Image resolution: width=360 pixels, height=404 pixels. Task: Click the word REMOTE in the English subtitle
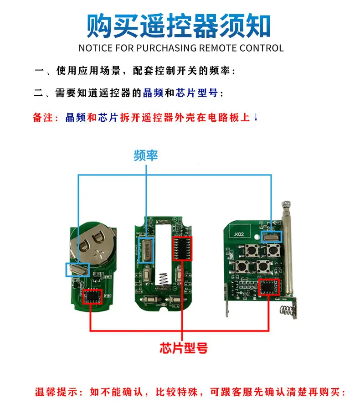218,48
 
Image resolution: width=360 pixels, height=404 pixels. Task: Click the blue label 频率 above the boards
146,155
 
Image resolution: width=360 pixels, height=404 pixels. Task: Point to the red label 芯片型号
184,348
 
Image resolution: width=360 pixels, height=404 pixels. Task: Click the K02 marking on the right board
239,234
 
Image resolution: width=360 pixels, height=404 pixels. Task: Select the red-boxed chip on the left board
93,297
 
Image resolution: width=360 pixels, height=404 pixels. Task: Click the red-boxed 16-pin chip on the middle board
182,249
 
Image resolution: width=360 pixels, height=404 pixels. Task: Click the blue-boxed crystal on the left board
77,270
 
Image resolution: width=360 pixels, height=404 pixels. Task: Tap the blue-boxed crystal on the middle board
146,250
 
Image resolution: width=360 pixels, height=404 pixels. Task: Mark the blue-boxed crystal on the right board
272,237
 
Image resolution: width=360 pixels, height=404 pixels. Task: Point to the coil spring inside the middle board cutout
163,279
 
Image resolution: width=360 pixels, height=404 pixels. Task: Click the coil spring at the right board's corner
287,311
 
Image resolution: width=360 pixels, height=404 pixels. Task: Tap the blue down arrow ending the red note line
256,118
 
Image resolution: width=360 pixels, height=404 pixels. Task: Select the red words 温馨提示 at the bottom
56,392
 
